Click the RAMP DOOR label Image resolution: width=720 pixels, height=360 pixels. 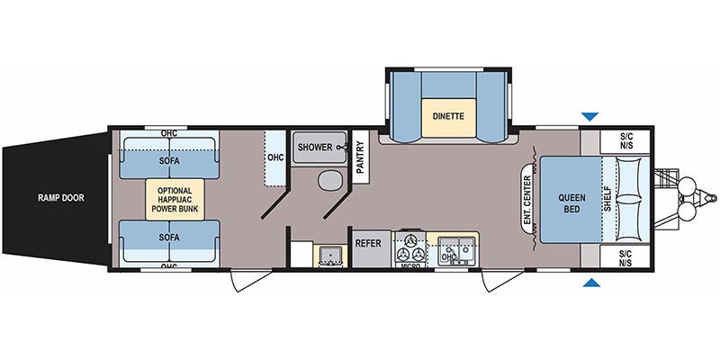tap(61, 197)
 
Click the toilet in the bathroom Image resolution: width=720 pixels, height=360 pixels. tap(328, 181)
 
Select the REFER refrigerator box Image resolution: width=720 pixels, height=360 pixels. tap(369, 244)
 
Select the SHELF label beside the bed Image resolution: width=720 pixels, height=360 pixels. tap(607, 199)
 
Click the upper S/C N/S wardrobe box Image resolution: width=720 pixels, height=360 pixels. tap(626, 143)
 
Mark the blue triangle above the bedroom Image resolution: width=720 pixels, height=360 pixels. tap(590, 116)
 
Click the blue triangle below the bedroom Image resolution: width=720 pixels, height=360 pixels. tap(590, 283)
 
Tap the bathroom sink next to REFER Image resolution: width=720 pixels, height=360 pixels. tap(328, 255)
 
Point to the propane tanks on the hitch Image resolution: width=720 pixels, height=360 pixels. tap(688, 199)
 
